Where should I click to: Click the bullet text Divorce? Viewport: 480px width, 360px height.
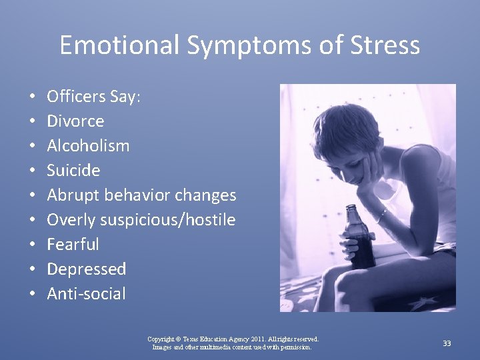[75, 121]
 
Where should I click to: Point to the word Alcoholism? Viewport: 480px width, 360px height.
[88, 146]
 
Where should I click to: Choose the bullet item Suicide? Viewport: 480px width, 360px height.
[73, 171]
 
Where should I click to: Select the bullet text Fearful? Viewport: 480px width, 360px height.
[73, 245]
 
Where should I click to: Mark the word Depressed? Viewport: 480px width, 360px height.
[86, 269]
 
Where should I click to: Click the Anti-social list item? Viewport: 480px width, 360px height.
[86, 294]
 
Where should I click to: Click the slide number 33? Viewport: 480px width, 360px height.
[447, 343]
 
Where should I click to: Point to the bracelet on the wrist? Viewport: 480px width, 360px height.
[381, 215]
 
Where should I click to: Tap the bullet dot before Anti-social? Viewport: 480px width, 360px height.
[33, 294]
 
